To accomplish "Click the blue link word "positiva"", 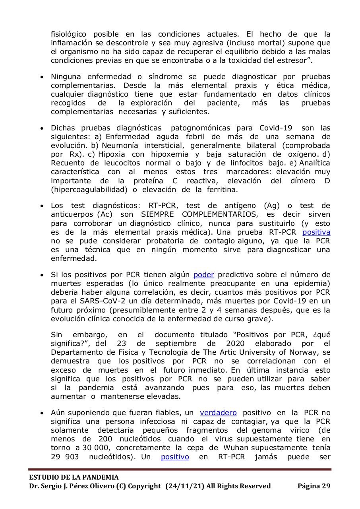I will coord(316,232).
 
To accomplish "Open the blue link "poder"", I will coord(203,275).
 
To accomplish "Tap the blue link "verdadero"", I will coord(218,413).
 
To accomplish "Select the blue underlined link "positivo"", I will coord(175,457).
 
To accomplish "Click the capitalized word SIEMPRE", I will coord(139,214).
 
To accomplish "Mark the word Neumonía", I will coord(120,146).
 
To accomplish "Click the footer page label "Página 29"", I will coord(314,486).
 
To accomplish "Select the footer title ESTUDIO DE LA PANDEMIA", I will coord(74,477).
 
